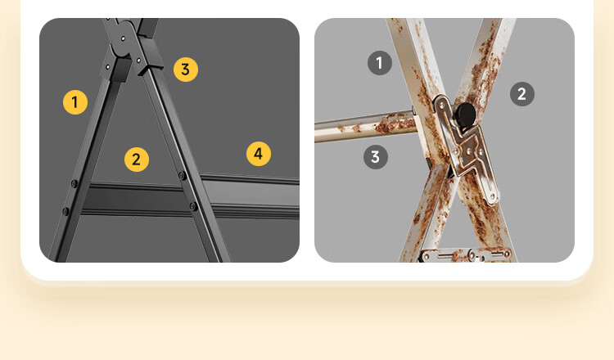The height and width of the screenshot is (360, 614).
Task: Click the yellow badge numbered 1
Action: [x=75, y=102]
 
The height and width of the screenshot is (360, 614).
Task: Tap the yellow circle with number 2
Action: [x=136, y=160]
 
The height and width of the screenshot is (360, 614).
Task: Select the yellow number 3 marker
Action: [x=186, y=70]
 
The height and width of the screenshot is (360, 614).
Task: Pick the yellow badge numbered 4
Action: [x=259, y=154]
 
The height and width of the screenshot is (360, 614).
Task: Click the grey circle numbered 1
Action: [x=379, y=63]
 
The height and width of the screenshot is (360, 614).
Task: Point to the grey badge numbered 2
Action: [x=522, y=94]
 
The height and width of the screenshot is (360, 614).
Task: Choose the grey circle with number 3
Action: [x=376, y=157]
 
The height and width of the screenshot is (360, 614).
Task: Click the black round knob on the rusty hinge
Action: [x=465, y=115]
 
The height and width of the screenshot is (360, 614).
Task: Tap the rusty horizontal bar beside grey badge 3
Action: [x=365, y=126]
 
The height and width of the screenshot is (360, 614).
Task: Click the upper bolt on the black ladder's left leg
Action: [x=74, y=183]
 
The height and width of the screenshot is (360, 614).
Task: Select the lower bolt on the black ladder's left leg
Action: [x=65, y=212]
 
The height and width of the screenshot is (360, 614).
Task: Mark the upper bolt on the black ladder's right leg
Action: [x=182, y=176]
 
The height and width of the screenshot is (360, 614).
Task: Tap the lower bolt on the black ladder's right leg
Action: [x=193, y=206]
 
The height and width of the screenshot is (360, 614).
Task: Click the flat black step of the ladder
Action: [x=188, y=198]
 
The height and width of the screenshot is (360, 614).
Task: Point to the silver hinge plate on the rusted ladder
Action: [x=465, y=151]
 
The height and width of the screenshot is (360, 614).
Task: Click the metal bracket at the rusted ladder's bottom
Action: [x=465, y=255]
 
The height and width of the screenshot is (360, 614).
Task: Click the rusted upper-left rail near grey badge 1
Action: [x=410, y=59]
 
